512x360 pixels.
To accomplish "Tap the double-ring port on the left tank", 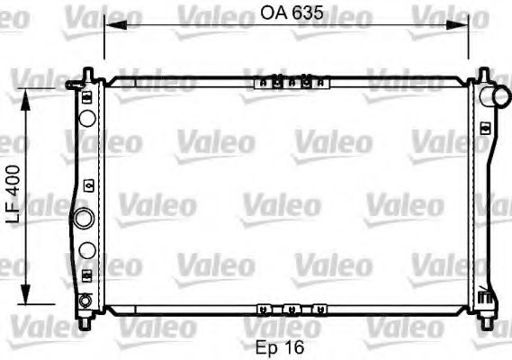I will [x=84, y=217].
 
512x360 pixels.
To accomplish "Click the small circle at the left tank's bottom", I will [x=85, y=301].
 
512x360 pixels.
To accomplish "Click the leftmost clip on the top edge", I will [x=262, y=83].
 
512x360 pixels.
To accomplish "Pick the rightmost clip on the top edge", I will [x=320, y=83].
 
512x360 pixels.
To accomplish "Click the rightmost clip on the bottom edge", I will [x=316, y=308].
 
